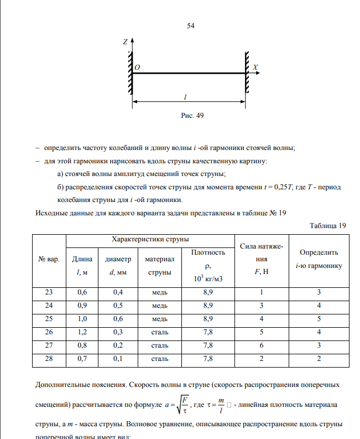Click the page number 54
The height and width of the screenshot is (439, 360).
coord(191,26)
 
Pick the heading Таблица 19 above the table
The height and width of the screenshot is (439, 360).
coord(328,226)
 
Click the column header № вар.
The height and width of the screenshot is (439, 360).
coord(49,259)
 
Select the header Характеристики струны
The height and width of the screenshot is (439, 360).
coord(150,239)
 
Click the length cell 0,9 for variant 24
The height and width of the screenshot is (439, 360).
coord(82,305)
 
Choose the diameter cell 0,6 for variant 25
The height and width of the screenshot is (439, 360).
coord(118,318)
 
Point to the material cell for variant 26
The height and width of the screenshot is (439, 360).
coord(160,332)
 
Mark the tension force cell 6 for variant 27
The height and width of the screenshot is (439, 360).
coord(262,345)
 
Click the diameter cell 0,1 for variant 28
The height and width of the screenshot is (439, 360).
coord(118,358)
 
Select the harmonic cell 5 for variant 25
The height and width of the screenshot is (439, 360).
coord(319,318)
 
